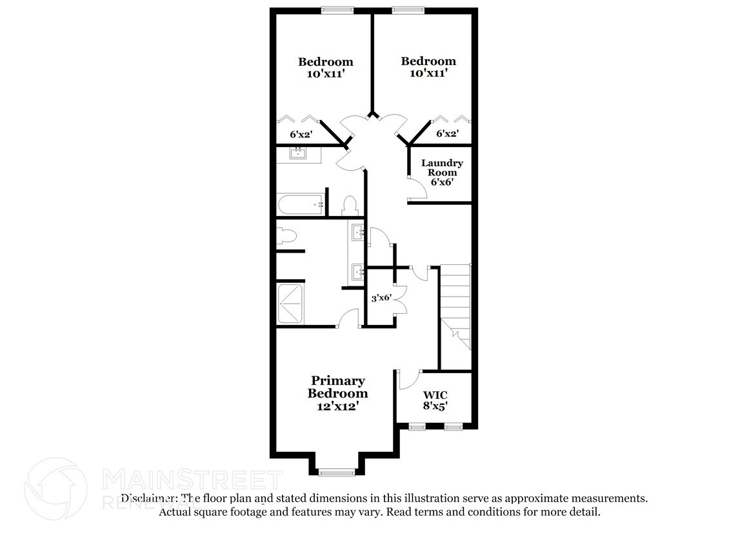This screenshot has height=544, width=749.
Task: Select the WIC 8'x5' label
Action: (x=435, y=400)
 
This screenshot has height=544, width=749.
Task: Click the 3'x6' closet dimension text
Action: (x=380, y=298)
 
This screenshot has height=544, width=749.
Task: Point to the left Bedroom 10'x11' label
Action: (x=325, y=67)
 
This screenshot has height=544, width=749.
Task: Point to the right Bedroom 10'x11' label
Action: (x=428, y=67)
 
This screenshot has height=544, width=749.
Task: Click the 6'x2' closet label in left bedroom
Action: (x=301, y=135)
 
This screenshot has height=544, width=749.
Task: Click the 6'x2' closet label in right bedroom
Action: (x=447, y=133)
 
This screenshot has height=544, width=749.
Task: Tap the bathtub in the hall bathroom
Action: (x=300, y=206)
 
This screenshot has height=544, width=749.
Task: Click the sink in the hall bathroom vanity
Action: (x=299, y=153)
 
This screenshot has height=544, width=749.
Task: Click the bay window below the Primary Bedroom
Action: (x=337, y=472)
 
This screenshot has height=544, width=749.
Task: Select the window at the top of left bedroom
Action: (x=337, y=10)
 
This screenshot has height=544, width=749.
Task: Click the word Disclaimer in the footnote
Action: (x=149, y=498)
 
